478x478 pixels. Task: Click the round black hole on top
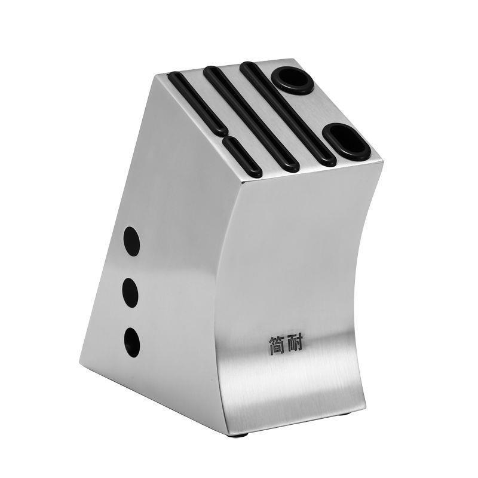click(292, 81)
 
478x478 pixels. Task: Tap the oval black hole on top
click(347, 142)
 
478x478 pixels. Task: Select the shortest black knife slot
click(243, 157)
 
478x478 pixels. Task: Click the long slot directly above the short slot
click(198, 103)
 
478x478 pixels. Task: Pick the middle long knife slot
click(251, 119)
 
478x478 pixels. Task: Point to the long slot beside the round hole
click(288, 114)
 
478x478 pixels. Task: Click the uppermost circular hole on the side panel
click(131, 241)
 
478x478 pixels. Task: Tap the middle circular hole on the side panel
click(130, 292)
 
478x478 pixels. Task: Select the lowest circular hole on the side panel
click(132, 342)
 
